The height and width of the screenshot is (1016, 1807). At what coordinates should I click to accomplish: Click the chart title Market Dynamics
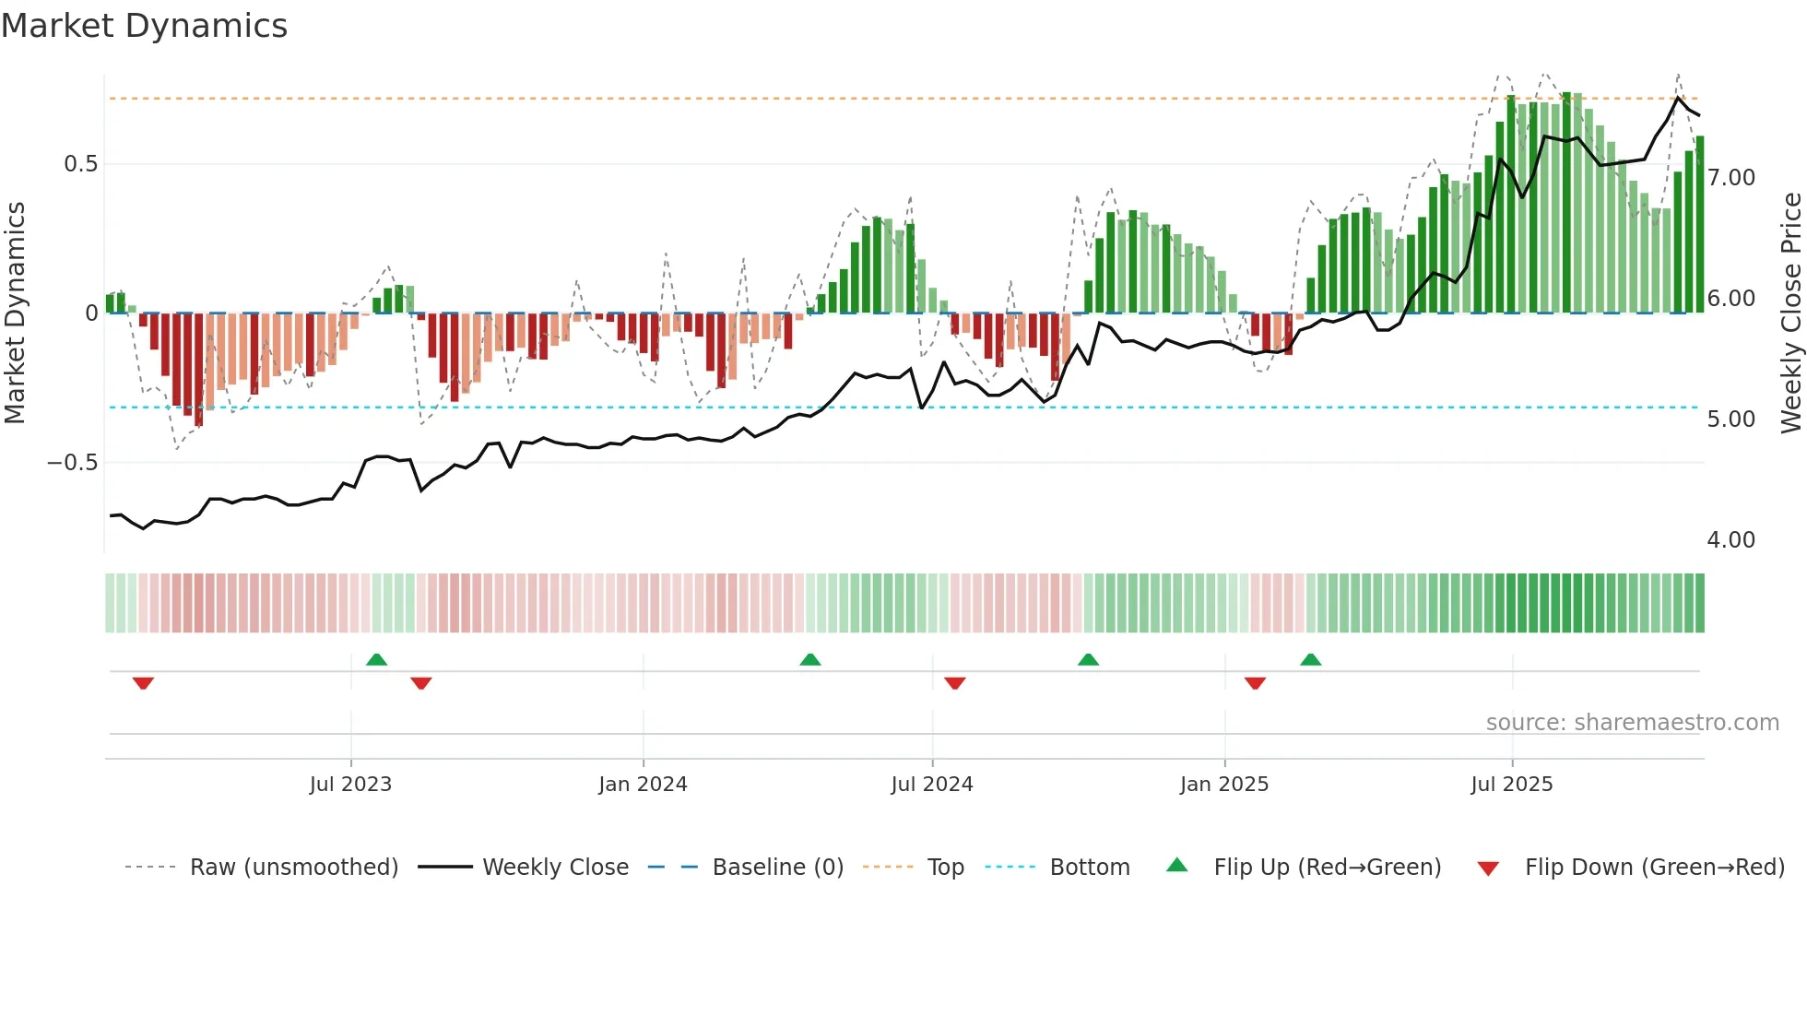pos(145,26)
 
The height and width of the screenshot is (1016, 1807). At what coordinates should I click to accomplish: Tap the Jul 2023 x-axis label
pos(350,785)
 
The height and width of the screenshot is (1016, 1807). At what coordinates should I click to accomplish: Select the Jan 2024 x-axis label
pos(643,785)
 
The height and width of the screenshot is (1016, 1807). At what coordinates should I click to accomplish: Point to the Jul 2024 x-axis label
pos(932,785)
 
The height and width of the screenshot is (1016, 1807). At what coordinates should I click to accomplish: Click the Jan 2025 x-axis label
pos(1224,785)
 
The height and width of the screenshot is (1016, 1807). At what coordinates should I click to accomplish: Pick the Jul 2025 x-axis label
pos(1512,785)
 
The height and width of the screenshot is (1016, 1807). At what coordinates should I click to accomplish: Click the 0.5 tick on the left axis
pos(81,164)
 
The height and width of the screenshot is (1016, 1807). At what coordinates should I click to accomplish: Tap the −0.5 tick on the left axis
pos(73,463)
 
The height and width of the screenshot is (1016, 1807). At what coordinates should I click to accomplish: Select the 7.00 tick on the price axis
pos(1730,178)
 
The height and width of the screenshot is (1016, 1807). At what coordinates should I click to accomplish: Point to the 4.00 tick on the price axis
pos(1730,540)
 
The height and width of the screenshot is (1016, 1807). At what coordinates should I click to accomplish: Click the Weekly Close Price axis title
pos(1790,313)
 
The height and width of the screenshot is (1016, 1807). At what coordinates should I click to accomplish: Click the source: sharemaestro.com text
pos(1632,723)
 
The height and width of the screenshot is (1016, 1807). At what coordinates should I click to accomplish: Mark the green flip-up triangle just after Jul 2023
pos(376,659)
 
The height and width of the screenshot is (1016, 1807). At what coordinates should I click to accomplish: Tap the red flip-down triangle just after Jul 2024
pos(955,683)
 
